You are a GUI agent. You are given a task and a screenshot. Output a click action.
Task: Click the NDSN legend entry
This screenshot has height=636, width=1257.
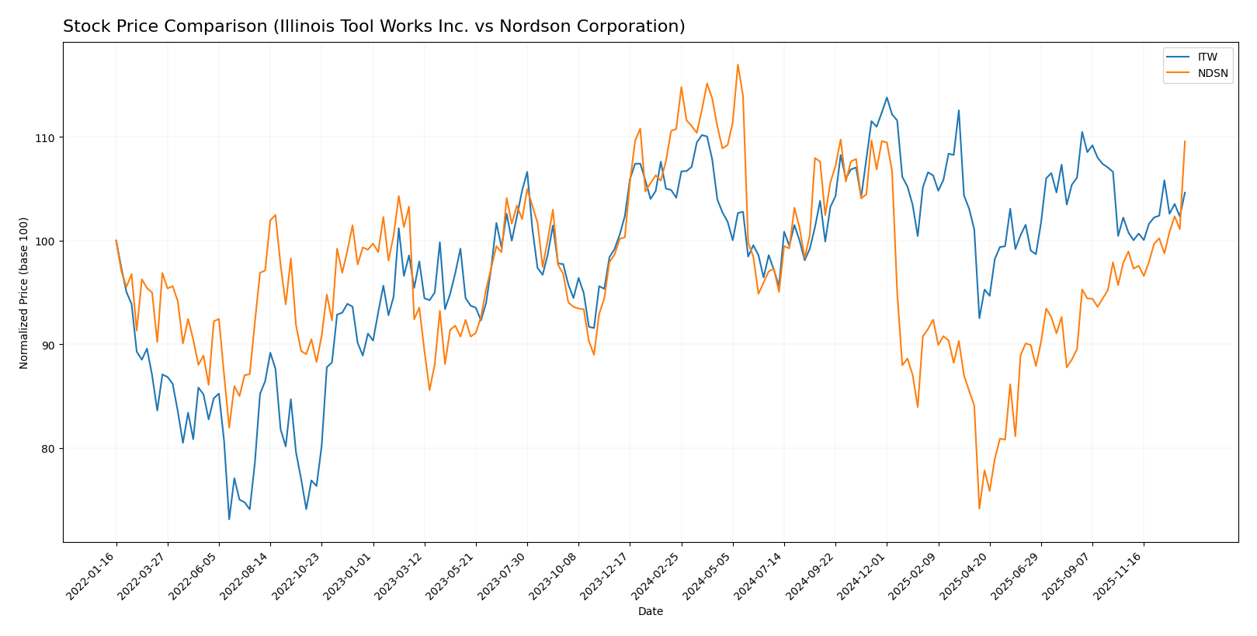pos(1212,74)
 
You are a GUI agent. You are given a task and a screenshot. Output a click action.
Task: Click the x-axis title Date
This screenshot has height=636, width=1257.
pos(650,612)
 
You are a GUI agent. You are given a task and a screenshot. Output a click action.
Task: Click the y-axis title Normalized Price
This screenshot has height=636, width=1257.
pos(24,293)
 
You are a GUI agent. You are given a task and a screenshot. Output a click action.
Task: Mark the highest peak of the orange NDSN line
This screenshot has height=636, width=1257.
pos(738,64)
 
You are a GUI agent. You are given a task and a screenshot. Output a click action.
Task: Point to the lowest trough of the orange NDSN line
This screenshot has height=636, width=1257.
pos(979,509)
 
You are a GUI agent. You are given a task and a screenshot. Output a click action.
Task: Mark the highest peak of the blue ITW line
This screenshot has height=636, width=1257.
pos(887,98)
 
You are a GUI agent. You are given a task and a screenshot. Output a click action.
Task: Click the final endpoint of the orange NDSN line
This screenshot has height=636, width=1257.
pos(1185,141)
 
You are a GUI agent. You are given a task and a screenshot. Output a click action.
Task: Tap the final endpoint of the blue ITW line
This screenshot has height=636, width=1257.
pos(1185,193)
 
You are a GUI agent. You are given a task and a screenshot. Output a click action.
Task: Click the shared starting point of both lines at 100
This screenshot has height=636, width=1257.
pos(116,241)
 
